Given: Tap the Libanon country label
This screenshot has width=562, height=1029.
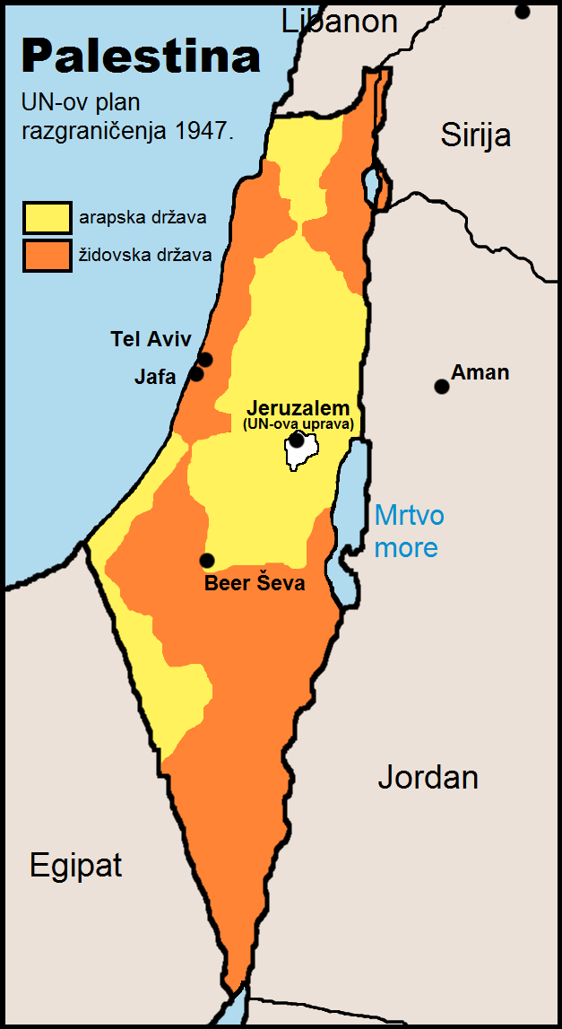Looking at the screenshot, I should coord(340,21).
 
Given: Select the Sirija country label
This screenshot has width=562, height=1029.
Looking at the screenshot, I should coord(475,135).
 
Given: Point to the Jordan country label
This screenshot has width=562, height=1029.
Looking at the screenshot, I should coord(428,777).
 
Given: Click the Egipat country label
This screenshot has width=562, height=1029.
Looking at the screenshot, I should coord(75,866).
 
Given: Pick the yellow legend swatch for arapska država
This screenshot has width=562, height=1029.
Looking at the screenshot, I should coord(47,217).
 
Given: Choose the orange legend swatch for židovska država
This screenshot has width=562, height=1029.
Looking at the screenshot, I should coord(47,255).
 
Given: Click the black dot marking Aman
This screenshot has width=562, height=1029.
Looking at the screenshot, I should coord(441,387).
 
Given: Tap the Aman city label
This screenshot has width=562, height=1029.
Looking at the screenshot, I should coord(480,371).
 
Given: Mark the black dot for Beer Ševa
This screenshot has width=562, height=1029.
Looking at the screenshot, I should coord(207,561).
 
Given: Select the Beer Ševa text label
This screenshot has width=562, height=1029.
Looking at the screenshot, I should coord(255,584).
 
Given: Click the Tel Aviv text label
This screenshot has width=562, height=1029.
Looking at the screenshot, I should coord(151,339).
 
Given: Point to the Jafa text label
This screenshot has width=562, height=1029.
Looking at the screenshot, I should coord(156,376).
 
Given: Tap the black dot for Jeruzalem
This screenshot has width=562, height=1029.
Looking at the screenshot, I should coord(296,440).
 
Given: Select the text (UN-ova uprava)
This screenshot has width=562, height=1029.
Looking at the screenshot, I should coord(298,423).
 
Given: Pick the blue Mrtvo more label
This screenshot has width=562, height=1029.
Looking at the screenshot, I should coord(409,531).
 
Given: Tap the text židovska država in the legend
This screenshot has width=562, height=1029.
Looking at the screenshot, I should coord(145,256).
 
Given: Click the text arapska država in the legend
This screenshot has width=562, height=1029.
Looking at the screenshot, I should coord(143,218).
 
